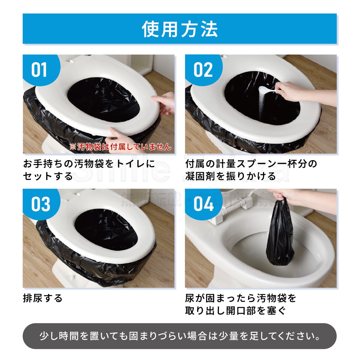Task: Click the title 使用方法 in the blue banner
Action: [180, 29]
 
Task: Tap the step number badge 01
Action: [39, 70]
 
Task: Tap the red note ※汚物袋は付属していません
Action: [120, 147]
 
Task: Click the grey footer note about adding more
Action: [180, 336]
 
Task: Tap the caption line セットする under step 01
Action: [48, 176]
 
